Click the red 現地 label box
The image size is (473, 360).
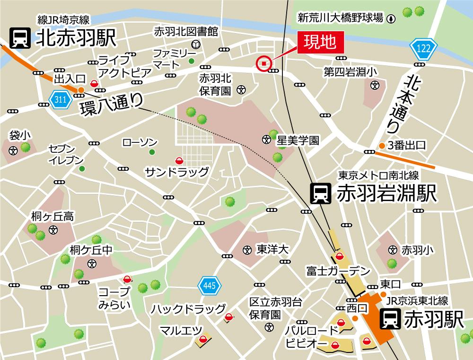[x=319, y=43]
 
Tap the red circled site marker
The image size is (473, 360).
[x=264, y=63]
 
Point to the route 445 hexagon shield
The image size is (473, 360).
[x=206, y=285]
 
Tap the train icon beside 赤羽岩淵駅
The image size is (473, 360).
[x=320, y=193]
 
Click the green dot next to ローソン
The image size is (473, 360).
[x=152, y=152]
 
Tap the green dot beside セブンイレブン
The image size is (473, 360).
[x=82, y=168]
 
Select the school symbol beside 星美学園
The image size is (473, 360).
[x=267, y=140]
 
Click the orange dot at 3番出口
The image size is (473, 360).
[x=381, y=145]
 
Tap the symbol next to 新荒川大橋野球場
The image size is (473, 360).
[x=391, y=18]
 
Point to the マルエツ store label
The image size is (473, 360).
[x=181, y=330]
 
